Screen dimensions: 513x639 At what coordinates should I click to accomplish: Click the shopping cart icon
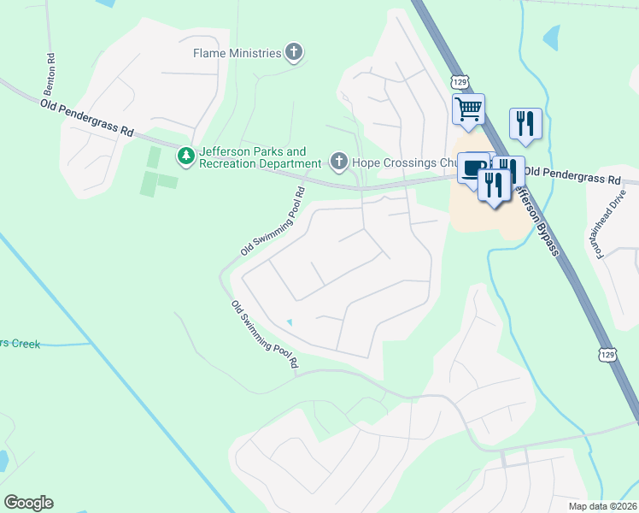(468, 109)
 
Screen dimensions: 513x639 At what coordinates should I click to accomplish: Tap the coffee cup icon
(472, 168)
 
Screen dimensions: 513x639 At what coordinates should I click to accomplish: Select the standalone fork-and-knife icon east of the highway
(525, 123)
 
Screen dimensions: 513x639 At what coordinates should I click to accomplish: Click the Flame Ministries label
(237, 53)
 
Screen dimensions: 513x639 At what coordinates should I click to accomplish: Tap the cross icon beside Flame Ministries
(294, 53)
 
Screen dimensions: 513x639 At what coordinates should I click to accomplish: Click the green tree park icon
(186, 156)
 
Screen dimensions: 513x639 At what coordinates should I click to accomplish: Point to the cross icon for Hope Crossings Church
(338, 162)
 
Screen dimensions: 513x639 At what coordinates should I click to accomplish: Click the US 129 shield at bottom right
(607, 353)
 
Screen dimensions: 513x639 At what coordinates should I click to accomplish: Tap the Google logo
(28, 503)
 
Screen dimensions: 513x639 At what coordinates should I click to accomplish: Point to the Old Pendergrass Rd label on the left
(87, 118)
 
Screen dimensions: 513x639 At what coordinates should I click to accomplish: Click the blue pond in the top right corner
(552, 37)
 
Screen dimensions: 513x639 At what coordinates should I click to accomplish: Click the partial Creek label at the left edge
(20, 344)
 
